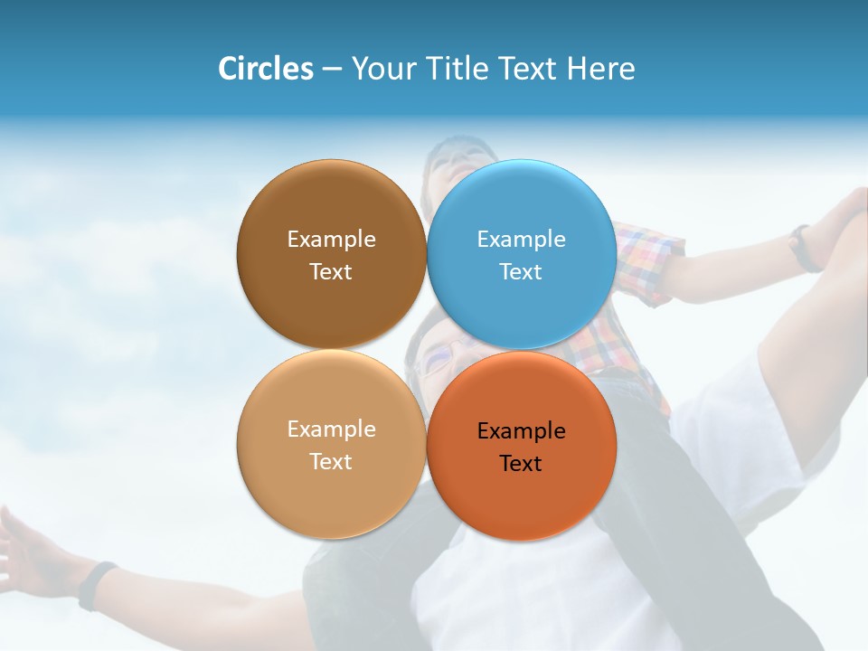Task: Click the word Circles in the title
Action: click(266, 69)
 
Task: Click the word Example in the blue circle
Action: click(522, 239)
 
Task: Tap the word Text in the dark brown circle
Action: click(331, 271)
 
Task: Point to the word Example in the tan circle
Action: click(331, 429)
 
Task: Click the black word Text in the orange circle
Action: click(521, 463)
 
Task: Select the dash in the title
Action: click(332, 69)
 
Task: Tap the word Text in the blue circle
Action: click(521, 271)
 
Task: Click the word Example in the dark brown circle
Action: click(331, 239)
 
